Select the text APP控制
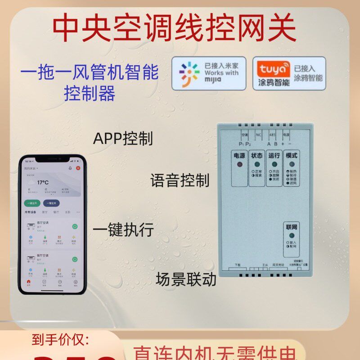tap(122, 139)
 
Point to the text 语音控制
tap(180, 181)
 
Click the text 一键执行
tap(123, 230)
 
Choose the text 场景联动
tap(186, 279)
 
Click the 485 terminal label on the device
tap(272, 135)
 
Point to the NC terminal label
tap(258, 135)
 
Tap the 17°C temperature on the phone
tap(43, 182)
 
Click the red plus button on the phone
tap(78, 167)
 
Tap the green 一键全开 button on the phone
tap(33, 203)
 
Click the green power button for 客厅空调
tap(75, 226)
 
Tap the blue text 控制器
tap(90, 93)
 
